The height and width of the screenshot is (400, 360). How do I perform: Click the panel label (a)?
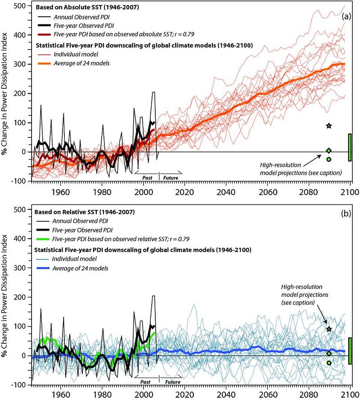point(346,16)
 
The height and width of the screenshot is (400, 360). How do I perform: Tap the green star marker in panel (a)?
point(329,126)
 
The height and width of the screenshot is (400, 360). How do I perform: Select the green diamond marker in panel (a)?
point(329,151)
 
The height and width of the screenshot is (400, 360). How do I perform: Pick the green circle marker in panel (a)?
point(329,159)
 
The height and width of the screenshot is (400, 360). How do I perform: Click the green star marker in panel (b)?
point(329,329)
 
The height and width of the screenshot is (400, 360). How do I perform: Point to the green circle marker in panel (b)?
point(329,363)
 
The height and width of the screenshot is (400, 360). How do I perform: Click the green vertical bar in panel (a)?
point(350,147)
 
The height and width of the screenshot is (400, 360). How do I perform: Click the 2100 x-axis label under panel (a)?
point(350,191)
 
